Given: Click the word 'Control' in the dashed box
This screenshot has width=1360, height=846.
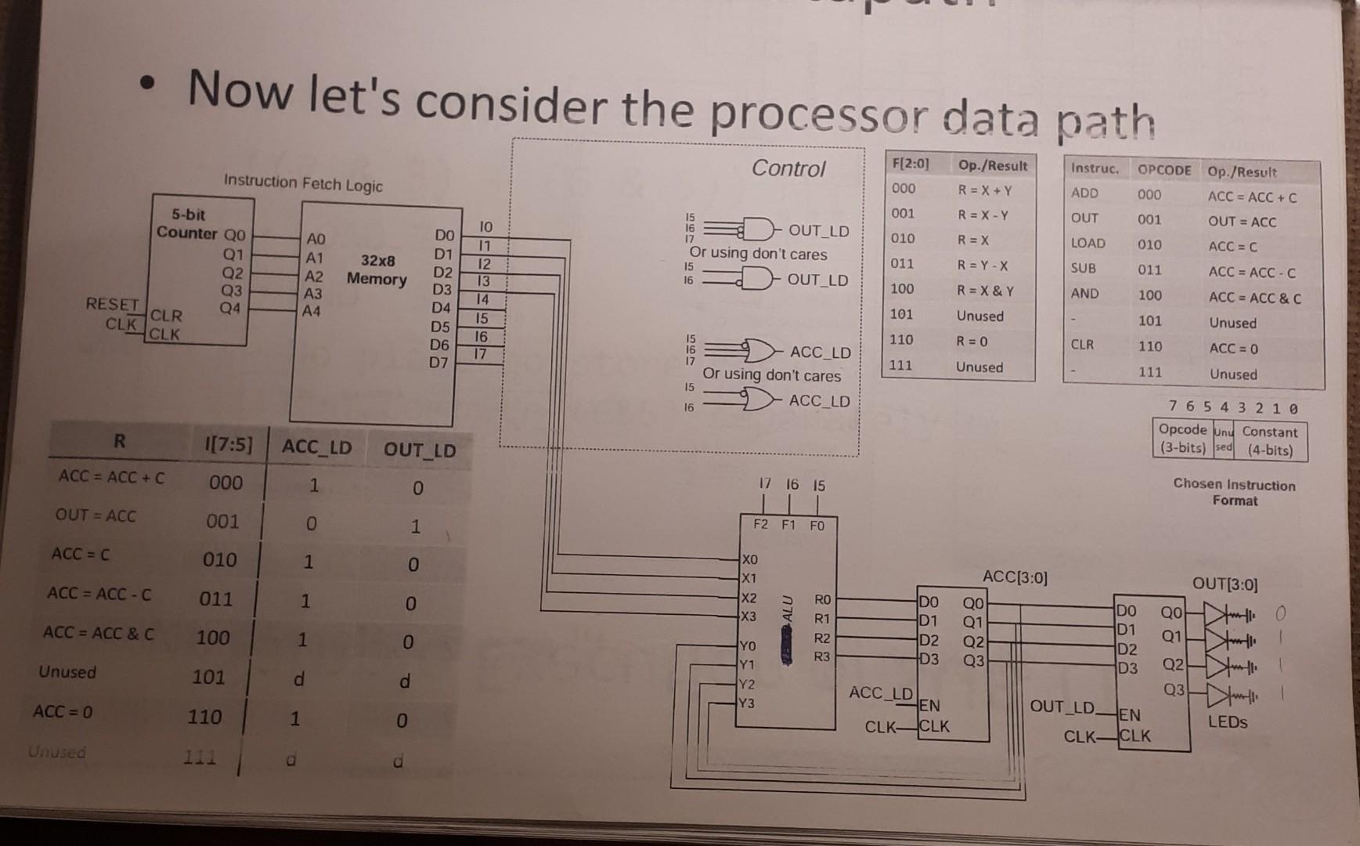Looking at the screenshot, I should [788, 168].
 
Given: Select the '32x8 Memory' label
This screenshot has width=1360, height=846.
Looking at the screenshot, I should [377, 269].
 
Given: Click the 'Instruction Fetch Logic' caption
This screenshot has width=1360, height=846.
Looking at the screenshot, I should [303, 183].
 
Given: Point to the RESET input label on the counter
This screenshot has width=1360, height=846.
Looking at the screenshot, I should [112, 304].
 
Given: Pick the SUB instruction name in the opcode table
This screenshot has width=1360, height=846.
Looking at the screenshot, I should [1084, 269].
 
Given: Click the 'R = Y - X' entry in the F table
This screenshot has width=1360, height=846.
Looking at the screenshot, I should [983, 266].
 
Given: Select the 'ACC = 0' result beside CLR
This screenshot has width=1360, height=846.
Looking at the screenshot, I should [1233, 349].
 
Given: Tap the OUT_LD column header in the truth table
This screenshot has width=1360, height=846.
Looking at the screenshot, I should [420, 450].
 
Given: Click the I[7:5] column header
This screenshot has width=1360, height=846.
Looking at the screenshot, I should [229, 445].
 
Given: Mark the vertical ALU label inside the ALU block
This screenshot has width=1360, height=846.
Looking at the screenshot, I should [788, 611].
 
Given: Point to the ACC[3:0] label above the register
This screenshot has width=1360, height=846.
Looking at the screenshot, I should [1015, 577].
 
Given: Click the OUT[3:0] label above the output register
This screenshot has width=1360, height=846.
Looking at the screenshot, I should [1225, 584].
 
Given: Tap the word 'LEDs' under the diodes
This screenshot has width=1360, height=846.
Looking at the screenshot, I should [1227, 721].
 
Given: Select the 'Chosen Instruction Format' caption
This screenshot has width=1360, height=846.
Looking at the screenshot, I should [1235, 492].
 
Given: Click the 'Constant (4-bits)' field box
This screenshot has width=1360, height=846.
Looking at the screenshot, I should [1269, 441].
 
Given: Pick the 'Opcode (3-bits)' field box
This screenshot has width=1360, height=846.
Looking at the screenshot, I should [1182, 439].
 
